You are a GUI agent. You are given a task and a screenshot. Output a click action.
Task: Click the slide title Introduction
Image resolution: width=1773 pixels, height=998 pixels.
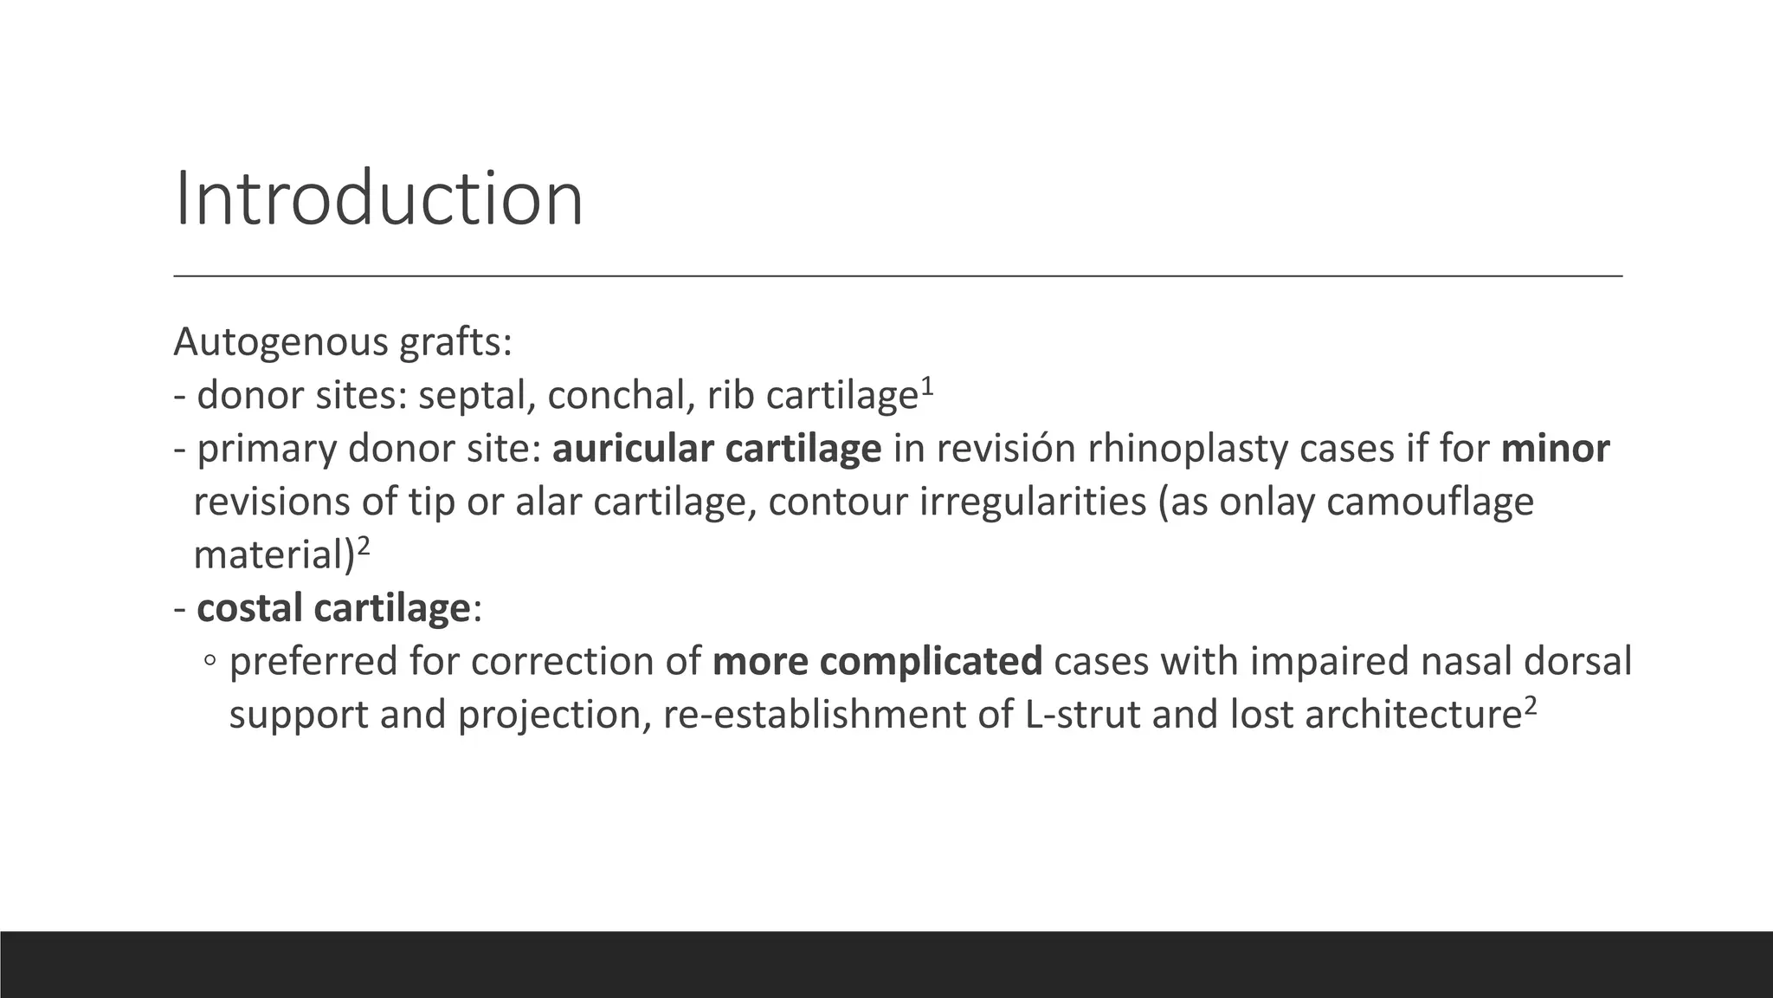tap(378, 199)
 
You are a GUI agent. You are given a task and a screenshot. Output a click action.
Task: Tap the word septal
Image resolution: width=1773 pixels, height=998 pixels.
tap(476, 396)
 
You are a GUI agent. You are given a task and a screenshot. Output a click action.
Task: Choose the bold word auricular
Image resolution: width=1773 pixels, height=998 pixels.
tap(633, 449)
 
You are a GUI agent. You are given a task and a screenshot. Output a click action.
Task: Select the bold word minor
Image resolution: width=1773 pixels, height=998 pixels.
tap(1555, 449)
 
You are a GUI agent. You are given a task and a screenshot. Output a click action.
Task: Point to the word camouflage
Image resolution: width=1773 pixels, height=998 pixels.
tap(1429, 502)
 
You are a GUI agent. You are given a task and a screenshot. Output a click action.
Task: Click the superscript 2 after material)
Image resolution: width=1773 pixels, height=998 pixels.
tap(364, 546)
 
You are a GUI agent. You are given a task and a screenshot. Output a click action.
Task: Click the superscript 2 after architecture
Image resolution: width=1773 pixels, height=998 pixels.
tap(1530, 705)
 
